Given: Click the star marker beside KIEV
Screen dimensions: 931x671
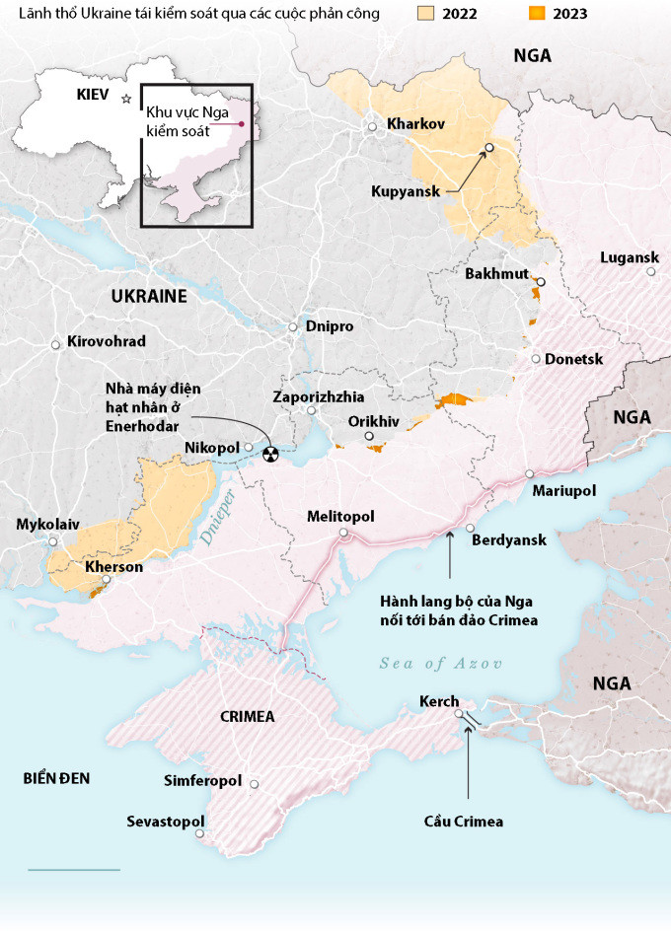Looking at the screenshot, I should point(125,98).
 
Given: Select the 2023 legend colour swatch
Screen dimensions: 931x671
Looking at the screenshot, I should point(537,15).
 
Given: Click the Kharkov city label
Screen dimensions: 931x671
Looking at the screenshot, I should point(416,124).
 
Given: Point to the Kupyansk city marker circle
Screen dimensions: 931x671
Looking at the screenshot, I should point(488,149).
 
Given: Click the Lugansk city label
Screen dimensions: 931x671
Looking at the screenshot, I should point(629,257).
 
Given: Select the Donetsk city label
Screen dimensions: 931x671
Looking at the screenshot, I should point(573,359).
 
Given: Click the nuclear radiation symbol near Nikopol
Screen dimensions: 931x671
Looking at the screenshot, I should point(269,453).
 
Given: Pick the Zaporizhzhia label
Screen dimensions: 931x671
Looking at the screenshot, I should point(317,396).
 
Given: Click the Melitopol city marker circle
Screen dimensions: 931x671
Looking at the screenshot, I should point(344,534).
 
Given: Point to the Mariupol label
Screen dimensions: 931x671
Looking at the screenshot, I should point(563,490).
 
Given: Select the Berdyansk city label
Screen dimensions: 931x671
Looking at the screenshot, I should point(508,540).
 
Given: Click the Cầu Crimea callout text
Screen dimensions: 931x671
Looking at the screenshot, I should point(463,822).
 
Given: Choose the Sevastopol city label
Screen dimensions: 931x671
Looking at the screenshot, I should point(165,822).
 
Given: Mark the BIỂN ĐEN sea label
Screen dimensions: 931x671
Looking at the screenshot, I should point(57,778).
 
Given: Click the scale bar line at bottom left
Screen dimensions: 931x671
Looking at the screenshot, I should point(74,870).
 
